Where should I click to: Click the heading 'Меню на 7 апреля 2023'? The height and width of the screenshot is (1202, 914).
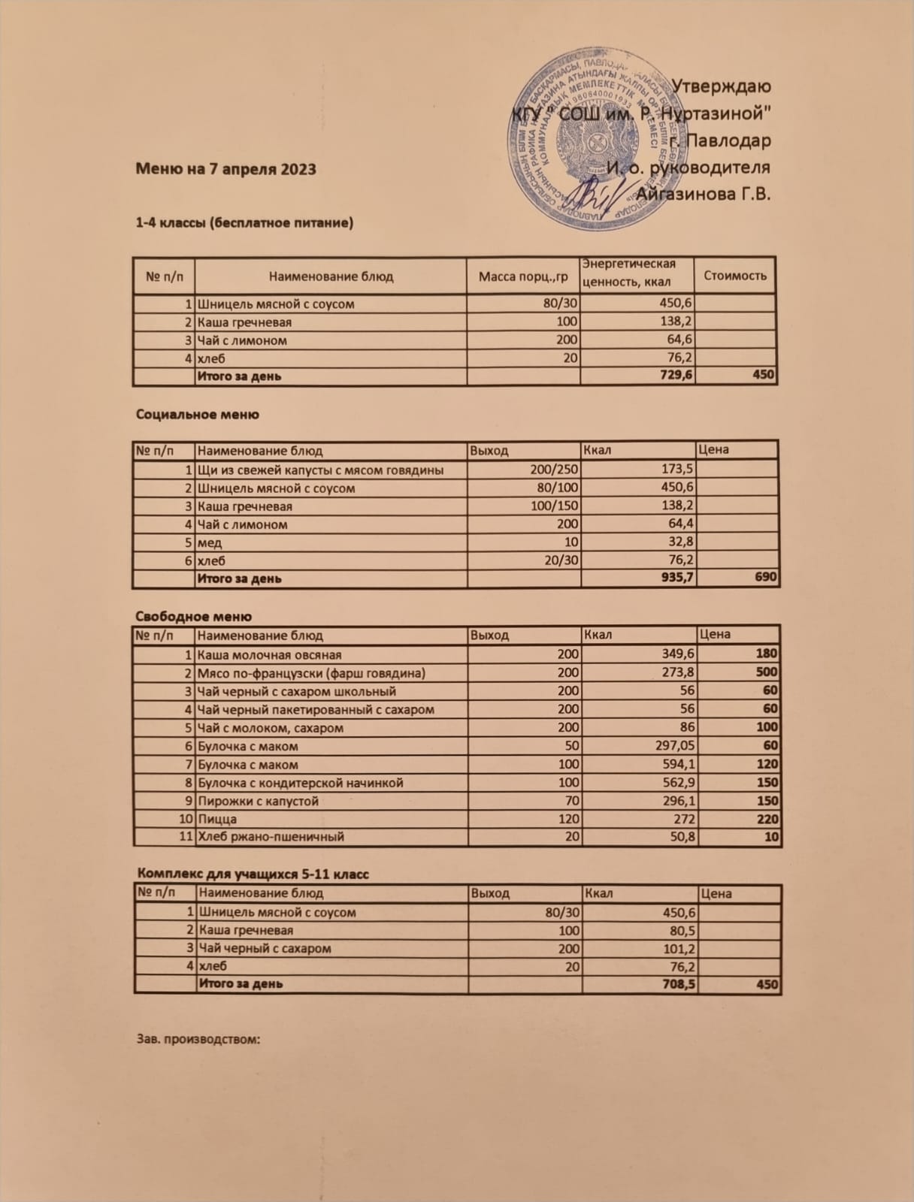click(x=225, y=168)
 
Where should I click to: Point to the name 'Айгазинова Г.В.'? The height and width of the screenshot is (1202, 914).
click(x=704, y=194)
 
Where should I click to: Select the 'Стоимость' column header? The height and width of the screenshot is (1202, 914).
click(x=734, y=276)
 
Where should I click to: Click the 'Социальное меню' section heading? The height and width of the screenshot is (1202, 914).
click(x=198, y=414)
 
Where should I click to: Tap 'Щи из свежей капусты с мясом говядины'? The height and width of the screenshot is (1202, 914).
click(x=319, y=470)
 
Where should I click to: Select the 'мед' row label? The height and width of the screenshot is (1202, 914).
click(x=209, y=542)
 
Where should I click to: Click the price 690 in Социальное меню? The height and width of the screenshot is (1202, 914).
click(x=766, y=578)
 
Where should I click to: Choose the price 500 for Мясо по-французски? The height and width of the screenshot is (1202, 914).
click(x=767, y=673)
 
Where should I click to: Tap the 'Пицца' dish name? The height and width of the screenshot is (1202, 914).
click(x=216, y=819)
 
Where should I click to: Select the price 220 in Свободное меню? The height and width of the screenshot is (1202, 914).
click(x=767, y=819)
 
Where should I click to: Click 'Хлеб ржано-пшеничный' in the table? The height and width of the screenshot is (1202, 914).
click(x=271, y=836)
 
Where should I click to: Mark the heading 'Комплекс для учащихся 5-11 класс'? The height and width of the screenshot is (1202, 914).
click(x=253, y=874)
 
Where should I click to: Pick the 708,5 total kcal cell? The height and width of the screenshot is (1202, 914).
click(x=676, y=984)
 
